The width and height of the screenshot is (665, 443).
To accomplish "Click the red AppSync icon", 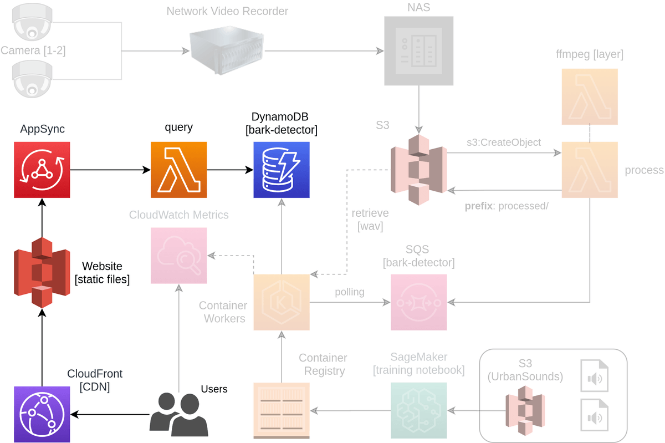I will (x=42, y=170).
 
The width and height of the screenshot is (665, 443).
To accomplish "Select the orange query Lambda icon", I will (x=178, y=170).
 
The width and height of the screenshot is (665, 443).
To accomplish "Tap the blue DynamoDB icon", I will (x=282, y=170).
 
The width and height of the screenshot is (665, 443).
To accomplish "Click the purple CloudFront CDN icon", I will (x=42, y=414).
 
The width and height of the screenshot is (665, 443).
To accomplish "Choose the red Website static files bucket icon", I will (x=42, y=272).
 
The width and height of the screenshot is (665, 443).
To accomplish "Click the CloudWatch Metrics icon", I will (x=178, y=255).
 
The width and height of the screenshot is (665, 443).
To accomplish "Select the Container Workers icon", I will (x=282, y=302).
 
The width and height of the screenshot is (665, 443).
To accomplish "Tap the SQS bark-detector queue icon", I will (x=418, y=302).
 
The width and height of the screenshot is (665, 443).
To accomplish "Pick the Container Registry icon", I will (x=282, y=410).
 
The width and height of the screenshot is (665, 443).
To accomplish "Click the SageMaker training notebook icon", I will (x=418, y=410).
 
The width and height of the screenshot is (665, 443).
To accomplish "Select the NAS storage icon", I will (x=418, y=50).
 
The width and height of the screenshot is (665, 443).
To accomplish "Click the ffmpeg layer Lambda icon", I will (x=590, y=96).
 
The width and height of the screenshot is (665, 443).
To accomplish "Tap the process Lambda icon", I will (x=590, y=170).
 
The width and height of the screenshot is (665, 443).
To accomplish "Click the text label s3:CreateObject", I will (x=503, y=142).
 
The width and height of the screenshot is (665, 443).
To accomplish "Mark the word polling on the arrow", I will (x=349, y=292).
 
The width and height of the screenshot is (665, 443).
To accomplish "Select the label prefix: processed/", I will (x=506, y=206).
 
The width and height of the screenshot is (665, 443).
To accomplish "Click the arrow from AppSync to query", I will (x=110, y=170).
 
